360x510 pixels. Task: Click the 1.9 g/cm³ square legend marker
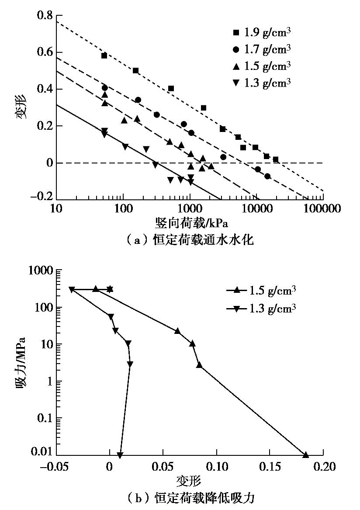click(236, 32)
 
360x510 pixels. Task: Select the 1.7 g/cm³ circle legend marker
click(236, 49)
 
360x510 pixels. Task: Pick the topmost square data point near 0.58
click(104, 56)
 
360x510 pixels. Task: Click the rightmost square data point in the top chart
click(275, 160)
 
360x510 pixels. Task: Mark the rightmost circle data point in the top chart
click(267, 176)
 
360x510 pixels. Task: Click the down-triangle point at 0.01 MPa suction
click(120, 455)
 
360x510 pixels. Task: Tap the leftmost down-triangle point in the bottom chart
click(72, 289)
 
